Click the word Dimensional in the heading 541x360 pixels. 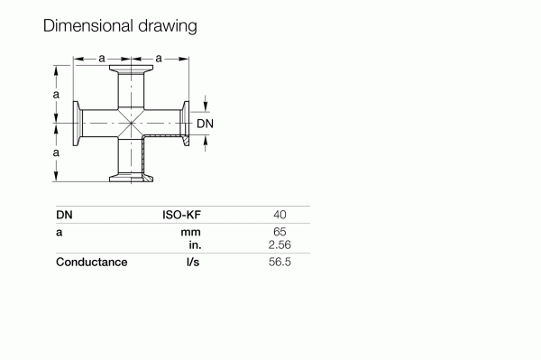[x=88, y=25]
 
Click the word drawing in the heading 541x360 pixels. [x=168, y=26]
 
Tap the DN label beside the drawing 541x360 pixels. [x=205, y=124]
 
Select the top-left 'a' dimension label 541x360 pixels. [x=101, y=59]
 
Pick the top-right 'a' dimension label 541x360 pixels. [x=159, y=59]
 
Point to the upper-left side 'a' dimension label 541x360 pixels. [x=56, y=94]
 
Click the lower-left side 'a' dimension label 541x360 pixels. [x=56, y=152]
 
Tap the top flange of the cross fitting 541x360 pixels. [x=131, y=69]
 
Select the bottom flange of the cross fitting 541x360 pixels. [x=131, y=178]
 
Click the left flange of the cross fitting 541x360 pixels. [x=77, y=124]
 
